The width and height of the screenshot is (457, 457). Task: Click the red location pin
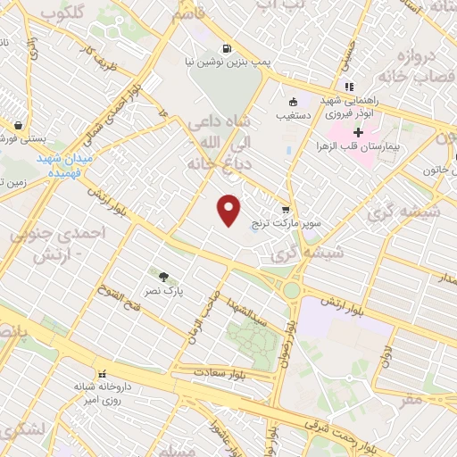230,210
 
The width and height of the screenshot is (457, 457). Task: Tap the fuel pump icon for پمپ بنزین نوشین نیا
227,48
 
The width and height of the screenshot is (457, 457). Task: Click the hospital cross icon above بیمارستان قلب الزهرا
358,132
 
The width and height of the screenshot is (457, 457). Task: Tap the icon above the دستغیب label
293,101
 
